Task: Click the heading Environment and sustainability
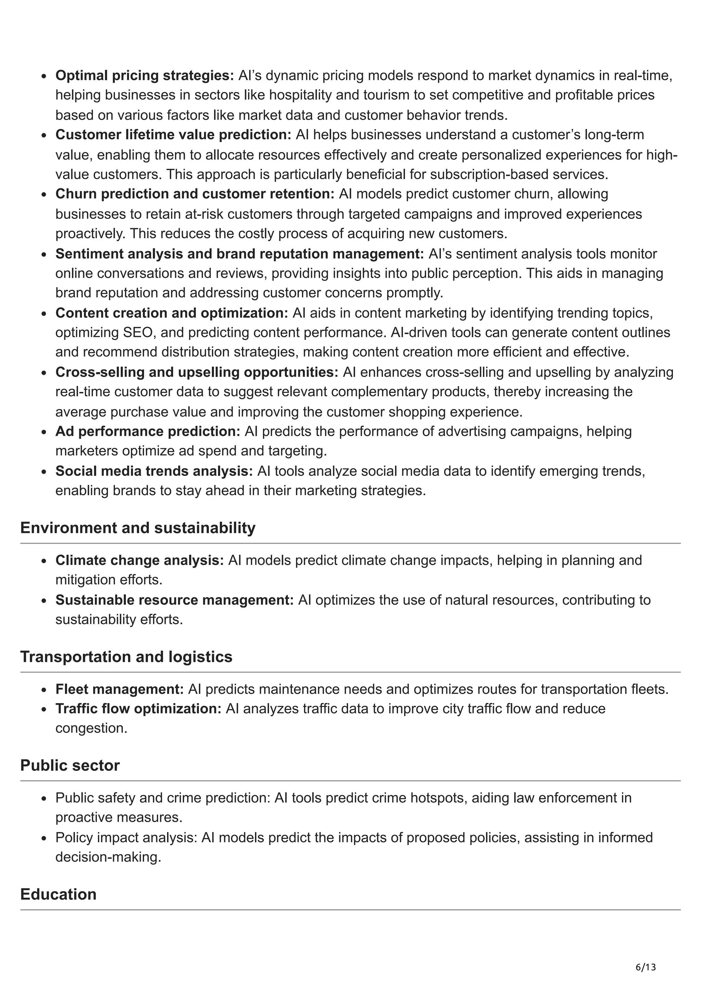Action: (x=138, y=528)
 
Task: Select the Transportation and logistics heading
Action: (x=126, y=657)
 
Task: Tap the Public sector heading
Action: (x=70, y=765)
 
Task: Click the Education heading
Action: (x=58, y=894)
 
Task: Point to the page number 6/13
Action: (x=646, y=967)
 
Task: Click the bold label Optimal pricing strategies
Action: (x=144, y=76)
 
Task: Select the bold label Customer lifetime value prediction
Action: (x=173, y=135)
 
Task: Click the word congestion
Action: (x=91, y=728)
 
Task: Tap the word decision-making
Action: (x=108, y=857)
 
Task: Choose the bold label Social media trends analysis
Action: (x=154, y=471)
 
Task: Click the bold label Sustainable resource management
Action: (x=175, y=600)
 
